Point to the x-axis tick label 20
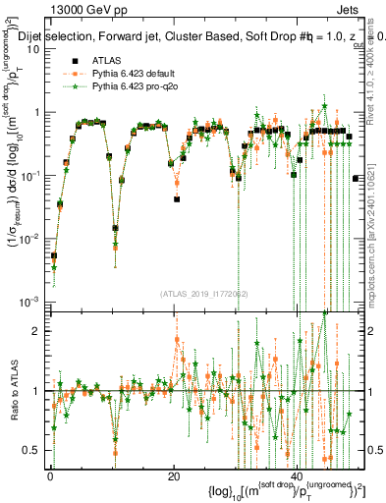[x=174, y=476]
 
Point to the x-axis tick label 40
[x=298, y=476]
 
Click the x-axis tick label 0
[x=50, y=476]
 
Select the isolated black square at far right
[x=355, y=178]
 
